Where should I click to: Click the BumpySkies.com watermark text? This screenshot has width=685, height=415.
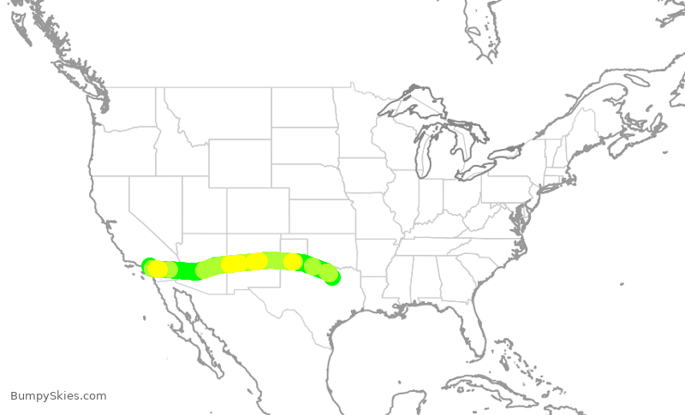[58, 395]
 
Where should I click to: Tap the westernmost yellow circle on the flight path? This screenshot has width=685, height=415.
[158, 269]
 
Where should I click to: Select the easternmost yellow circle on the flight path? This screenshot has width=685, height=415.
[293, 261]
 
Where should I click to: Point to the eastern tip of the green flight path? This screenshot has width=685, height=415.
[333, 276]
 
